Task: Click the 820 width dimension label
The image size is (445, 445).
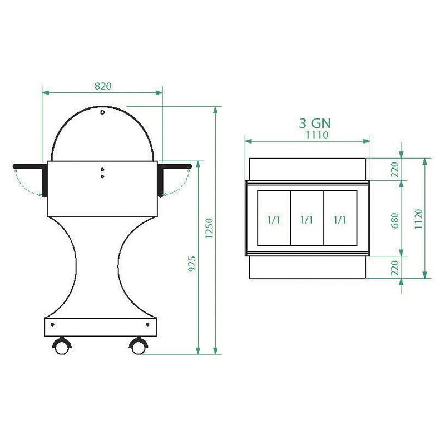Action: click(x=103, y=86)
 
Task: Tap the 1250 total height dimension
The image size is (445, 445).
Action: click(x=209, y=228)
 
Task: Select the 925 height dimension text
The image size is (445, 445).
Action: click(x=192, y=264)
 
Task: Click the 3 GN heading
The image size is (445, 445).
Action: click(x=315, y=123)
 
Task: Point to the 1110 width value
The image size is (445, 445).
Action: click(x=317, y=135)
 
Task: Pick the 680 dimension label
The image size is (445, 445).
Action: click(x=395, y=221)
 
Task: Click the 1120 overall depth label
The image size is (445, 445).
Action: click(x=418, y=219)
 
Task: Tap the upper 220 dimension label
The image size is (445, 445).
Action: click(x=395, y=170)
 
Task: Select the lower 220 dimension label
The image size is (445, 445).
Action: click(x=395, y=268)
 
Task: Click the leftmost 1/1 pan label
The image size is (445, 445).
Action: click(x=274, y=220)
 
